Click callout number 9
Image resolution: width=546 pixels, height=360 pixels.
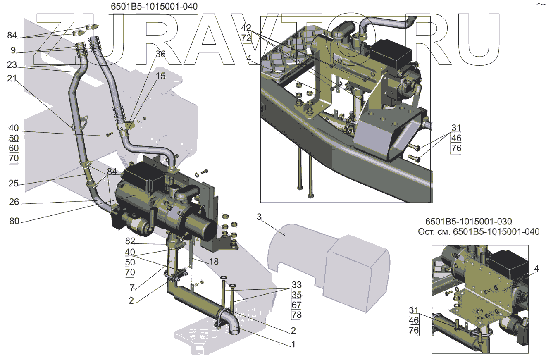13,50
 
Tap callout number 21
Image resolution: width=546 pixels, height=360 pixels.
12,79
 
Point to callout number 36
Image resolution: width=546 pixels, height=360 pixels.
160,54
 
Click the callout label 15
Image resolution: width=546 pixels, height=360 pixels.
160,76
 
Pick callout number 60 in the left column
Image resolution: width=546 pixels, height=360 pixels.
14,148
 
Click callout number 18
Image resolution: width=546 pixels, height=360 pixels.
213,262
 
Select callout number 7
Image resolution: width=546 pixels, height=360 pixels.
131,286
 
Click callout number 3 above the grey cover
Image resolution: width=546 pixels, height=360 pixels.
259,217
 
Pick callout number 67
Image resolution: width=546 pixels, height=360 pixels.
297,305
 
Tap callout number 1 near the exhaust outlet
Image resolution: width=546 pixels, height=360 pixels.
293,344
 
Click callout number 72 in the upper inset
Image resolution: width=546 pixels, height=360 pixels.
246,38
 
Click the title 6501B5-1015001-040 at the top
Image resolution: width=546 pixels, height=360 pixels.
154,7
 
